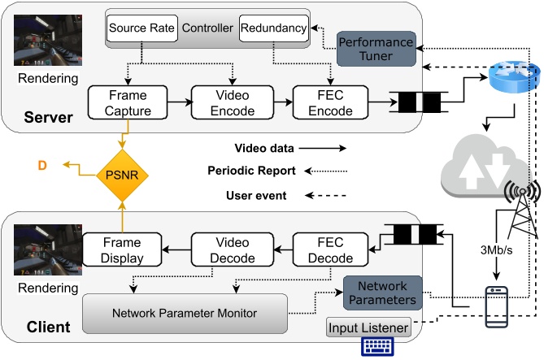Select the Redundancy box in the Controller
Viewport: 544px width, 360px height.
(x=273, y=28)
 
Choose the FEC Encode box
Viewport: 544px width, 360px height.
(x=329, y=102)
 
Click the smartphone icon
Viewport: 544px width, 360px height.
(x=496, y=306)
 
